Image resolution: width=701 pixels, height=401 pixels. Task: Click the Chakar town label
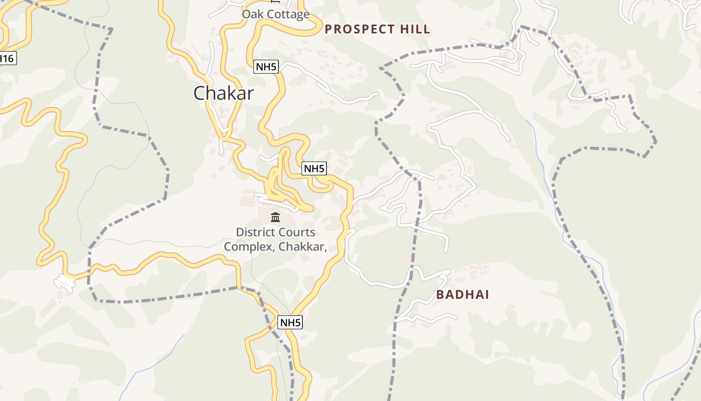[x=223, y=93]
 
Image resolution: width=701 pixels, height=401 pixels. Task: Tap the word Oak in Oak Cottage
[x=252, y=14]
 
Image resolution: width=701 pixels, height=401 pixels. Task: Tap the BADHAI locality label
[x=462, y=294]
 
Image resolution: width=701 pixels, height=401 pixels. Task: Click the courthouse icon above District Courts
[x=275, y=218]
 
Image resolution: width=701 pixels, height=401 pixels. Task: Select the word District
[x=254, y=232]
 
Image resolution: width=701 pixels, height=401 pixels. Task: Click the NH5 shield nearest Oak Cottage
[x=266, y=67]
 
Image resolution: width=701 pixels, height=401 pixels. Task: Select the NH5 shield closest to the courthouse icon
[x=314, y=169]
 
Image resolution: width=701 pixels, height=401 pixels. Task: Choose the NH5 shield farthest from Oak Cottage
[x=290, y=322]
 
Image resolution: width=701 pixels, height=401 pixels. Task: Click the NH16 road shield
[x=6, y=58]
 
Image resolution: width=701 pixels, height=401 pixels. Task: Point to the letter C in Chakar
[x=199, y=93]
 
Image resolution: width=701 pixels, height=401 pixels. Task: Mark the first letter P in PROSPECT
[x=328, y=29]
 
